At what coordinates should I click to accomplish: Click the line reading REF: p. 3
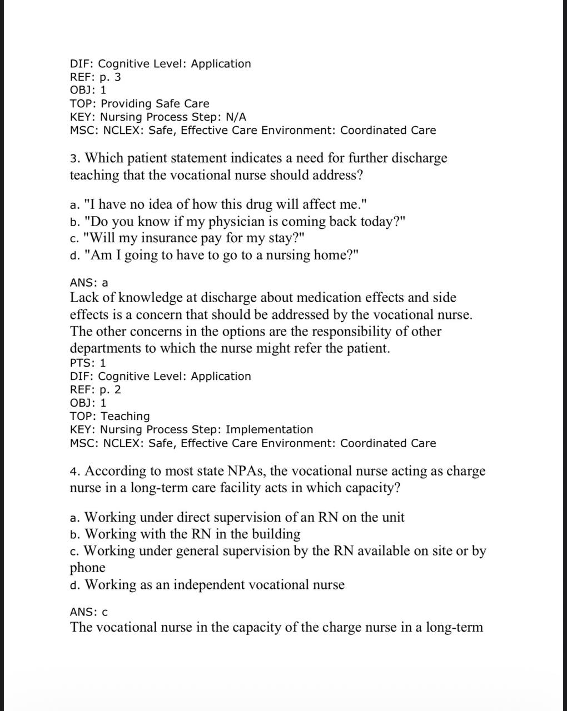click(x=95, y=77)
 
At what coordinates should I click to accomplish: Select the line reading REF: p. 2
click(x=95, y=389)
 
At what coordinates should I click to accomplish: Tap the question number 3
click(x=74, y=159)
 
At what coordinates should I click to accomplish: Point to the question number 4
click(x=74, y=472)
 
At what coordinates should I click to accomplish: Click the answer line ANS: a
click(x=89, y=283)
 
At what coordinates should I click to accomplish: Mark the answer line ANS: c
click(x=89, y=612)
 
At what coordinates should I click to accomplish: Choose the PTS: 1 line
click(x=88, y=363)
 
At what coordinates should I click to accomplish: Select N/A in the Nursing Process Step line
click(x=236, y=117)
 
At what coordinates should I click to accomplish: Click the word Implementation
click(x=269, y=429)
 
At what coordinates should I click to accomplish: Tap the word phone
click(x=87, y=568)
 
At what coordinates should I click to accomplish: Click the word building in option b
click(x=276, y=534)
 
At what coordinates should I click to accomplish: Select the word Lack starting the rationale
click(x=83, y=298)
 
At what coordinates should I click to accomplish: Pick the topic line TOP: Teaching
click(x=110, y=416)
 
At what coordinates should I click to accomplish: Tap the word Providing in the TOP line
click(x=126, y=104)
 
